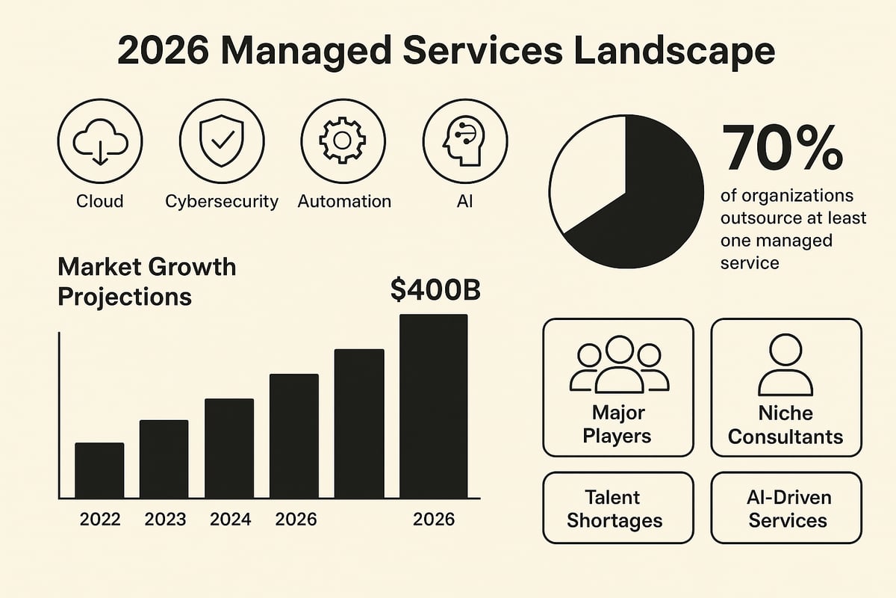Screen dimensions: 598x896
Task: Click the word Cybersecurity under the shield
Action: [222, 201]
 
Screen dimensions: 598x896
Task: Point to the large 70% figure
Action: [783, 148]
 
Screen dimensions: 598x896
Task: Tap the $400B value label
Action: [435, 291]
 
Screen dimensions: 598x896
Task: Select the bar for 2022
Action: [99, 470]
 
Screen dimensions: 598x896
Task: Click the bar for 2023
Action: [164, 459]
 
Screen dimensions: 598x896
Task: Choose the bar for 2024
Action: [229, 449]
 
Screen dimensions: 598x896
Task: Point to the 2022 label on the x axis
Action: [100, 519]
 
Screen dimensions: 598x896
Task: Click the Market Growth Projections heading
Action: [146, 281]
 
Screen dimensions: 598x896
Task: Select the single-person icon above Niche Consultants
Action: [785, 364]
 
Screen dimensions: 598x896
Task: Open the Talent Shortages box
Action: [617, 508]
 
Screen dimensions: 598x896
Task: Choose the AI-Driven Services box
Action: [786, 508]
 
